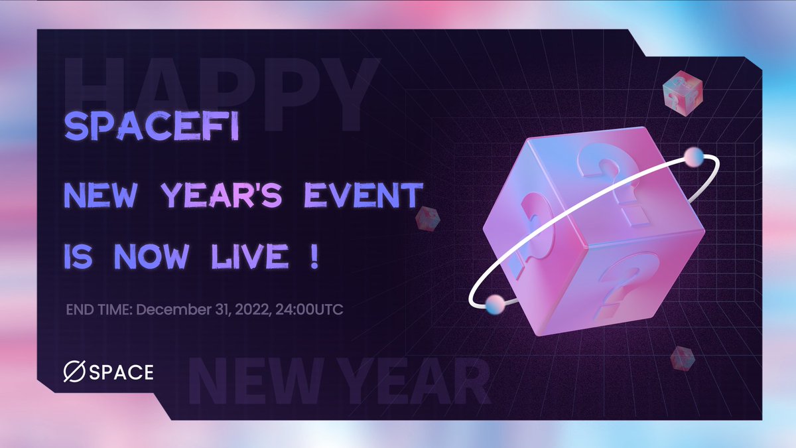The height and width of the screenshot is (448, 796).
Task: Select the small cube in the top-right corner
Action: (682, 92)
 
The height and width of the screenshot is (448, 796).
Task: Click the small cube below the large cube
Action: (681, 358)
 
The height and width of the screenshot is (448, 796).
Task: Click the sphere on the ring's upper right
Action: (694, 157)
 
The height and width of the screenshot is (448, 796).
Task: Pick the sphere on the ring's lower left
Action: (494, 304)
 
